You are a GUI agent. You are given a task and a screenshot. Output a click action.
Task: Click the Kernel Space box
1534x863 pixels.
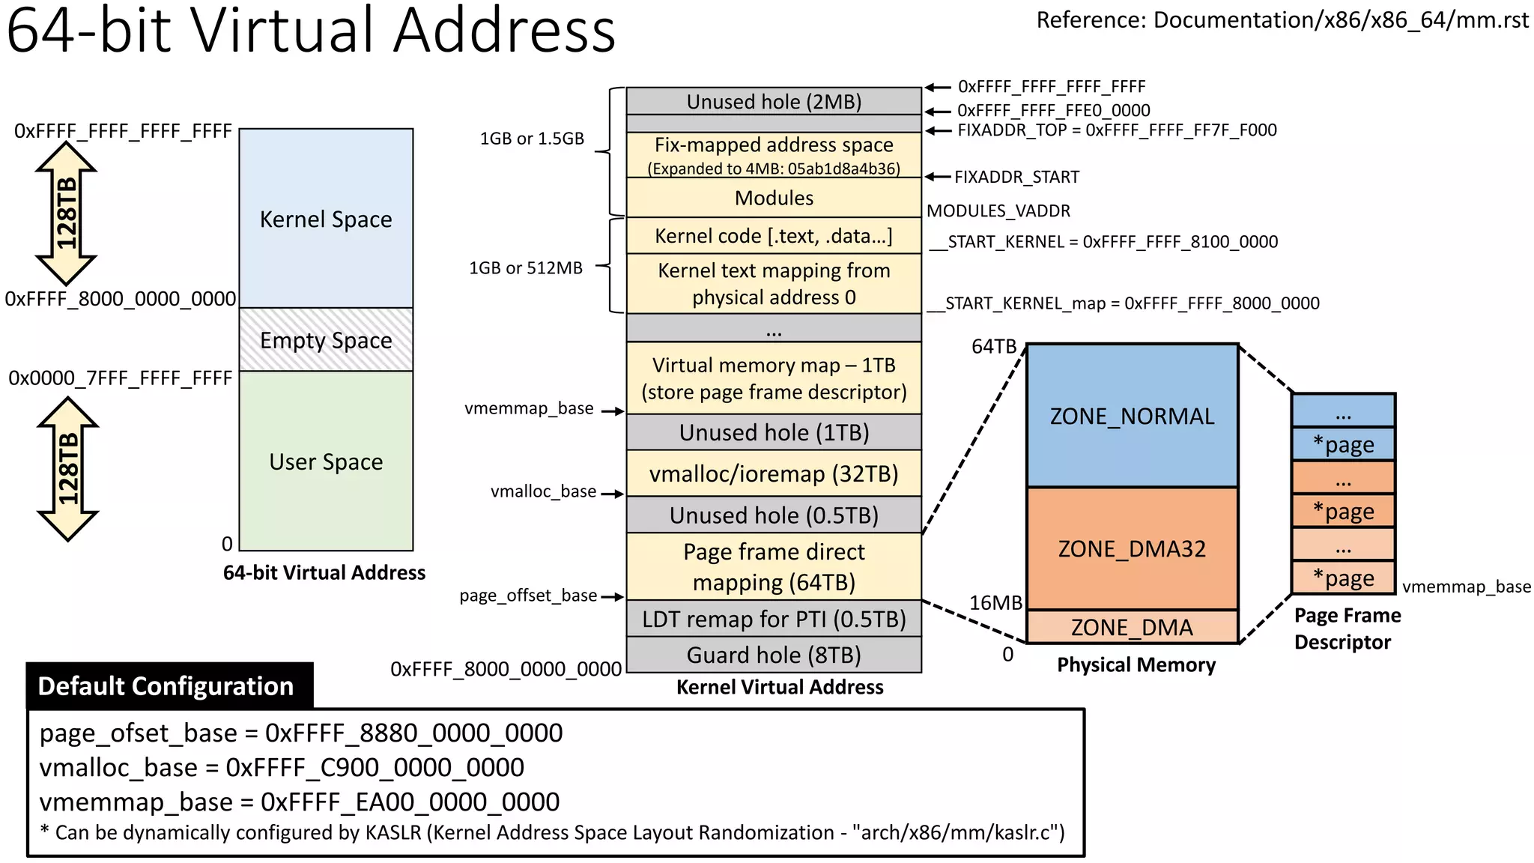[326, 219]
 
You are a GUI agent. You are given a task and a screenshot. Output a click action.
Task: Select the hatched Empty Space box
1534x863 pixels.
[326, 340]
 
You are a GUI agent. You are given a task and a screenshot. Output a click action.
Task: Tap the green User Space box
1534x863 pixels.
[326, 461]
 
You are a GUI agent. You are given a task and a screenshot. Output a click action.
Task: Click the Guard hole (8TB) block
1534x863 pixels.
[774, 655]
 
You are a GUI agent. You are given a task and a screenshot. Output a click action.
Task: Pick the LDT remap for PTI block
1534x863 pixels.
[774, 620]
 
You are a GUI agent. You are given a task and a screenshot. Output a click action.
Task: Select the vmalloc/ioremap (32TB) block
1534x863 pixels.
[774, 473]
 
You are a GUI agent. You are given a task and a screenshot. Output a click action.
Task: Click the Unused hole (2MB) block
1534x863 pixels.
[774, 101]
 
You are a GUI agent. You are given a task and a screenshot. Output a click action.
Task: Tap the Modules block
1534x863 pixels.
[774, 198]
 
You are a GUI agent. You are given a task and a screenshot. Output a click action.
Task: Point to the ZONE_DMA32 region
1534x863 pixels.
[1132, 549]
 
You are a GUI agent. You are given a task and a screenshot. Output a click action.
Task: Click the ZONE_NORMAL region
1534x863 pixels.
[1132, 417]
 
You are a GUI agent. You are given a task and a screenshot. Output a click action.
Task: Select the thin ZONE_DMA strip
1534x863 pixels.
[1132, 627]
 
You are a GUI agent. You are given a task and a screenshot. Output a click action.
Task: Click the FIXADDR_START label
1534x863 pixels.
[1016, 178]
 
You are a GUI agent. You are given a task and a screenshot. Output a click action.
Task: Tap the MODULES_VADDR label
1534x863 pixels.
[998, 211]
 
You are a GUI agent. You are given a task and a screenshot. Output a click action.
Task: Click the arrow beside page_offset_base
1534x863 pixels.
[613, 597]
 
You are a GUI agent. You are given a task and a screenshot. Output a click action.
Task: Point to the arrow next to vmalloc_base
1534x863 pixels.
[613, 494]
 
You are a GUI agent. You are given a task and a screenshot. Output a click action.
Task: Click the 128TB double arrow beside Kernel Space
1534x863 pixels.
[66, 214]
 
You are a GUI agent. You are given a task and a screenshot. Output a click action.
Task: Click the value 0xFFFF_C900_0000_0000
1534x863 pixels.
[375, 768]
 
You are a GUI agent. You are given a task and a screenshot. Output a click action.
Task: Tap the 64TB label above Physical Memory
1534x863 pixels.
[993, 347]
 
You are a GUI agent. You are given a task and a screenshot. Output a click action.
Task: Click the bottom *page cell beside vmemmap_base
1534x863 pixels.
[1343, 578]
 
